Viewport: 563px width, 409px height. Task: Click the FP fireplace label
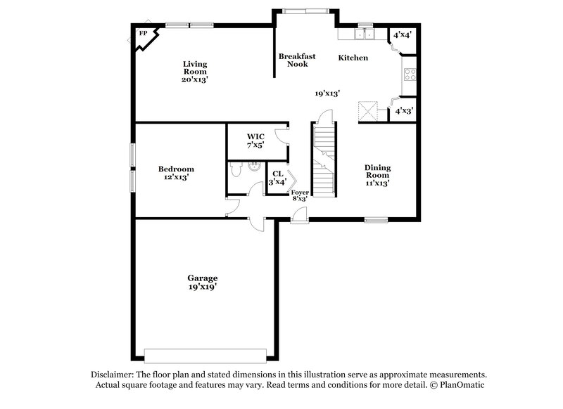pos(144,33)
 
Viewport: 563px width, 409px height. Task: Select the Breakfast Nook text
pos(296,60)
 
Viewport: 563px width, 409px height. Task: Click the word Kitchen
pos(353,58)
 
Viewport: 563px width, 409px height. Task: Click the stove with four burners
pos(409,75)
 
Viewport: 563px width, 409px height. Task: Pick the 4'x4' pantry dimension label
pos(402,34)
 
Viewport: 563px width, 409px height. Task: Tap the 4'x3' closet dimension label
pos(403,111)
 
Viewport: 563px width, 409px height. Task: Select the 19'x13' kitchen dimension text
pos(327,93)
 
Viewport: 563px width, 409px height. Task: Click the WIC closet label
pos(254,140)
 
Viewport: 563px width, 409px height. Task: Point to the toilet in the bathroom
pos(236,169)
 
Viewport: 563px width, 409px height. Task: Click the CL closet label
pos(277,177)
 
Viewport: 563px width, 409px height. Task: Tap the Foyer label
pos(300,195)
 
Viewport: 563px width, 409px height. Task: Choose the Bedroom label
pos(176,173)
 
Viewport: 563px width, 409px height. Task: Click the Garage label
pos(202,282)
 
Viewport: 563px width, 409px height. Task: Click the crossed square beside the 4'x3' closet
pos(367,111)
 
